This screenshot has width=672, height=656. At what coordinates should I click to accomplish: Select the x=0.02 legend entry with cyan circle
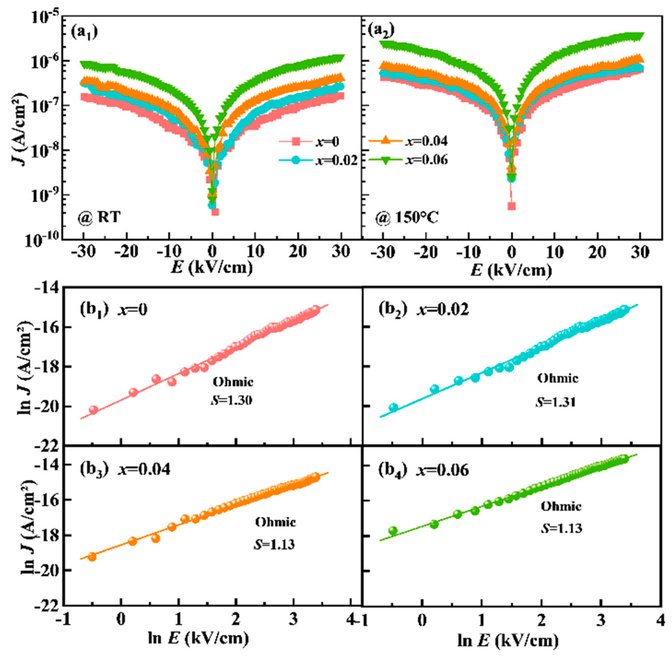[x=317, y=160]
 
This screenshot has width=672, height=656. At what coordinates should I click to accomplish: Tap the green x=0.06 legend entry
[x=408, y=160]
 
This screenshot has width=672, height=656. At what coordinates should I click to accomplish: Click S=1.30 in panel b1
[x=231, y=400]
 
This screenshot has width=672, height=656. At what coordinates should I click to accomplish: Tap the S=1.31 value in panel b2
[x=555, y=402]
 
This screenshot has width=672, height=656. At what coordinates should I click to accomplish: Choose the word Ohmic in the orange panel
[x=275, y=522]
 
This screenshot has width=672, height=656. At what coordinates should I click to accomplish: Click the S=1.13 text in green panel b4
[x=561, y=528]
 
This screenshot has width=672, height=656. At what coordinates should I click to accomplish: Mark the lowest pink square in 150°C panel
[x=512, y=206]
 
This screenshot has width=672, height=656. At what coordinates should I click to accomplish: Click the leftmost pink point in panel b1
[x=93, y=410]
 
